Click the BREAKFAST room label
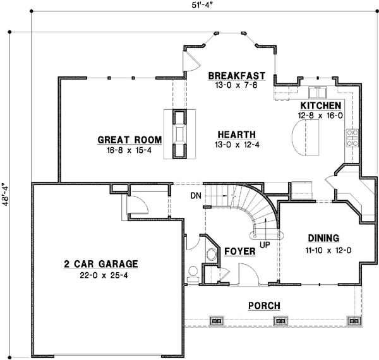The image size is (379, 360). [233, 76]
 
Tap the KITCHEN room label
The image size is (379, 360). [321, 105]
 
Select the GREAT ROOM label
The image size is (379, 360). [130, 140]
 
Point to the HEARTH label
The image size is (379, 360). [236, 135]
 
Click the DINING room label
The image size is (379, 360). [323, 238]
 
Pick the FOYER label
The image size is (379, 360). [239, 251]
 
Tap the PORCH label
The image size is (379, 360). [264, 306]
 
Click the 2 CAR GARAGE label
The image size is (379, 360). [100, 264]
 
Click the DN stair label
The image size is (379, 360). [195, 196]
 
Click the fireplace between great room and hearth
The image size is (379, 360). [180, 134]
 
